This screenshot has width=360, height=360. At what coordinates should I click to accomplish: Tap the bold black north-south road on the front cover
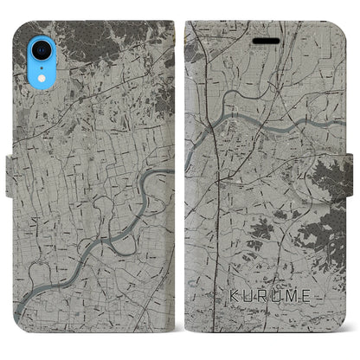[217, 173]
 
